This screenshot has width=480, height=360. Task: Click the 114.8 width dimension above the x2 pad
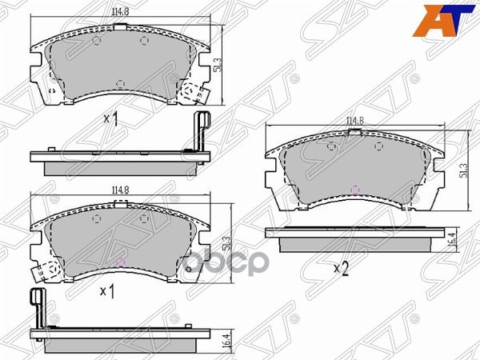pos(355,122)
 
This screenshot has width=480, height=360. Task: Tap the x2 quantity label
pos(341,269)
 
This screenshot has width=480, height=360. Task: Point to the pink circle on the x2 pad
pos(355,190)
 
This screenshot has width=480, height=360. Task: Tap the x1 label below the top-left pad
pos(110,121)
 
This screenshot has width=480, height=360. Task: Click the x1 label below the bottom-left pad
pos(106,291)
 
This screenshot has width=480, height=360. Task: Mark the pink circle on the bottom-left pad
pos(121,260)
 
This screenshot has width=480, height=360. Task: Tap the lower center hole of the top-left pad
pos(120,82)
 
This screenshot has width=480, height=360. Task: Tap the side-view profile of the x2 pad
pos(355,235)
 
